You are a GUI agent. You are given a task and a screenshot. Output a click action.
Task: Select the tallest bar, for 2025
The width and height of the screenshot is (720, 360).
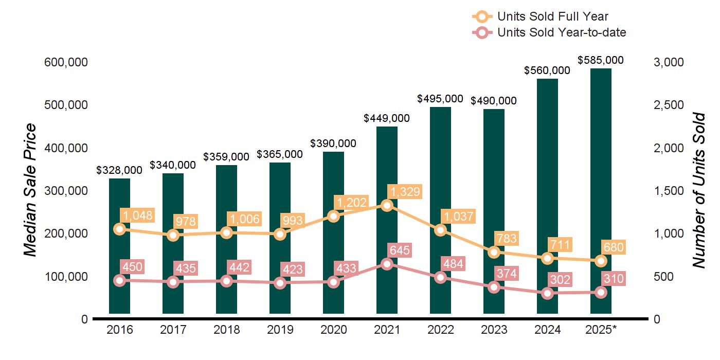pos(601,190)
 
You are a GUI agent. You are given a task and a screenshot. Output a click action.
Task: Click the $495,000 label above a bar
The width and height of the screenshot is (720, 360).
pos(440,98)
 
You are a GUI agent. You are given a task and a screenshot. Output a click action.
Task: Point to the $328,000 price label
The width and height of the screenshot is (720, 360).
pos(119,170)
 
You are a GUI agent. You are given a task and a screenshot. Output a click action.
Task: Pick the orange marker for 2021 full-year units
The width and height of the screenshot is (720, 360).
pos(387,205)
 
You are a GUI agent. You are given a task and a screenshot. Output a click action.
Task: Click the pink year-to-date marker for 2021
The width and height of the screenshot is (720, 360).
pos(387,264)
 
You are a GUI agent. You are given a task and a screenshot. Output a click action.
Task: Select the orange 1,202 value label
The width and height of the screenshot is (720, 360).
pos(350,202)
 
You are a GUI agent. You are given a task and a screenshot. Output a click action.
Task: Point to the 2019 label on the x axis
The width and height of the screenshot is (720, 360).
pos(280,330)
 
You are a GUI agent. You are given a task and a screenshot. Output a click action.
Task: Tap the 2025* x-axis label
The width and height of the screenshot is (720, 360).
pos(600,330)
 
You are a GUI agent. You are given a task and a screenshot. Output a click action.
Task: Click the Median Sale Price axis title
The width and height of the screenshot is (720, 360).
pos(31,190)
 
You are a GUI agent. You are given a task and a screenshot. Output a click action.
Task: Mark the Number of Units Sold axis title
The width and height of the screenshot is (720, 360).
pos(698,190)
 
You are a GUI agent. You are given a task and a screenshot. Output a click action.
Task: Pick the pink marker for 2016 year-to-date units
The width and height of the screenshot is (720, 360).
pos(119,280)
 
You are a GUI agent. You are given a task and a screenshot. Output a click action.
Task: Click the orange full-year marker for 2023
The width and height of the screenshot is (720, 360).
pos(494,252)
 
